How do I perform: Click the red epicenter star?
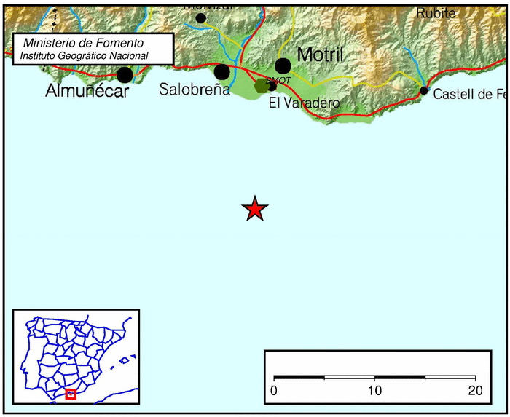[255, 209]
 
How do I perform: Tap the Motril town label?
[320, 55]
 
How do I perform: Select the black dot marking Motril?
[283, 66]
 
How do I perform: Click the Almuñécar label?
[87, 92]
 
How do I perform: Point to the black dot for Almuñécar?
[125, 74]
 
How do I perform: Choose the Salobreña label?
[195, 90]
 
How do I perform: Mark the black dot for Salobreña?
[221, 71]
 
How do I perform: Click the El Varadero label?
[304, 103]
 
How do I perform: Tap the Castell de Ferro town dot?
[423, 90]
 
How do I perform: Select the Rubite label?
[436, 12]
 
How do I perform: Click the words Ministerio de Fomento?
[83, 44]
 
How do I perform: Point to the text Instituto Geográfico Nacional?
[84, 55]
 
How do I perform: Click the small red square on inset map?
[71, 394]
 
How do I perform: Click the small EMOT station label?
[279, 79]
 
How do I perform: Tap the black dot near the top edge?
[201, 17]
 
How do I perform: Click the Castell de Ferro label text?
[468, 94]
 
